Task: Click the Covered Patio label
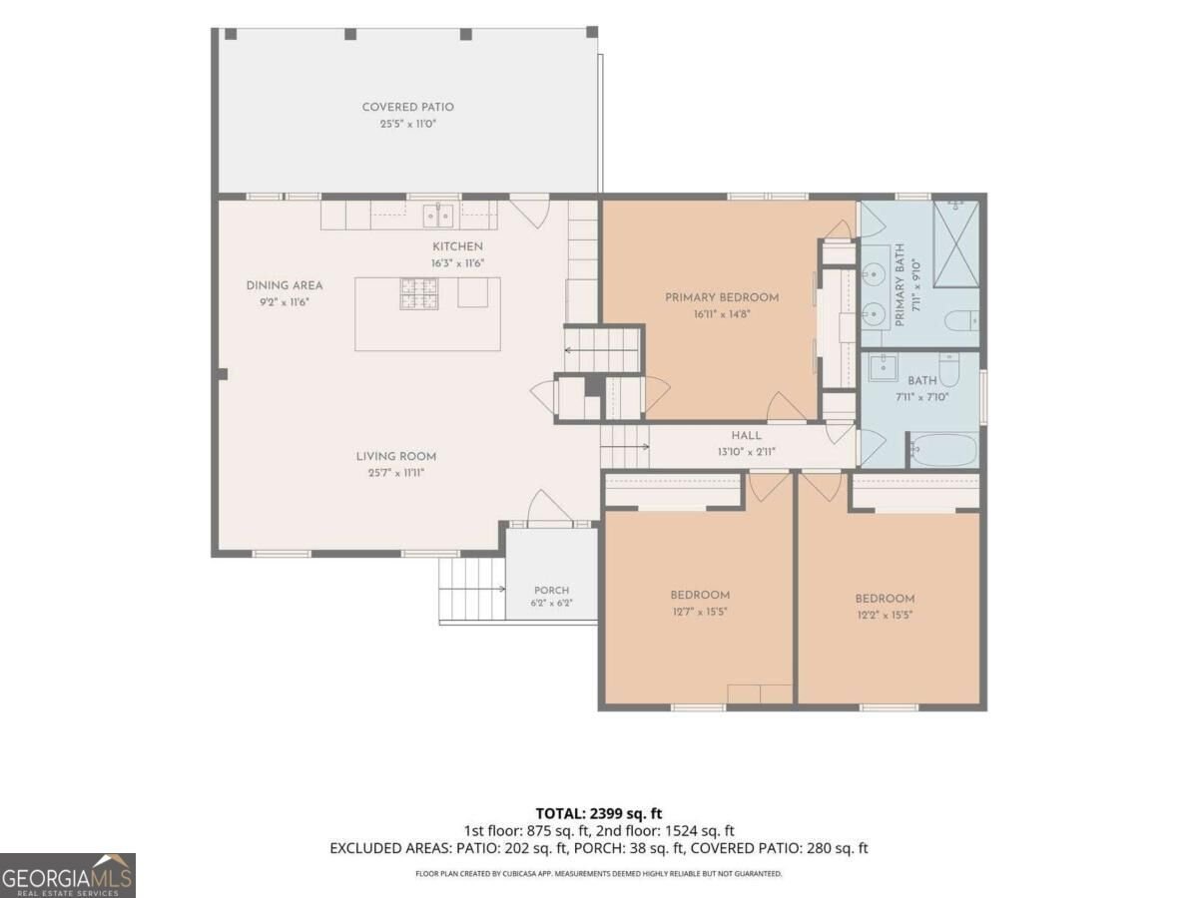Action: click(407, 107)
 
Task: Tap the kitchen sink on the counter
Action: click(438, 216)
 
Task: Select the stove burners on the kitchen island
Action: click(419, 294)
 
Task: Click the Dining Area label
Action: click(285, 285)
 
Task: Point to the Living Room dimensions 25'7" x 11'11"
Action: click(396, 473)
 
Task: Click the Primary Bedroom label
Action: click(722, 297)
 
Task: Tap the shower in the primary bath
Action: click(955, 243)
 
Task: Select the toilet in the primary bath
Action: click(961, 320)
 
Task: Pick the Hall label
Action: click(746, 436)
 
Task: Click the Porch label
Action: click(551, 591)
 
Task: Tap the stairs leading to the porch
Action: click(472, 589)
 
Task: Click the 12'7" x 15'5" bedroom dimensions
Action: click(700, 612)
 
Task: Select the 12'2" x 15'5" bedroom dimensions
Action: click(885, 615)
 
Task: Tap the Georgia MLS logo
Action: click(68, 875)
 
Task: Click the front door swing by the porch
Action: click(550, 506)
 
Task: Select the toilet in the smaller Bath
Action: click(949, 369)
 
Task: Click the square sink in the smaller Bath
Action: click(883, 367)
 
